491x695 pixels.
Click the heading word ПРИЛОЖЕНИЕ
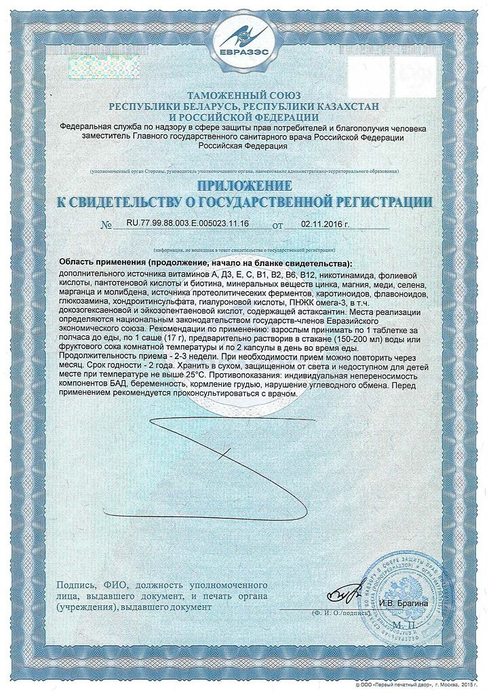tap(245, 186)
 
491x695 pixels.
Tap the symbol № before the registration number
tap(105, 225)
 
